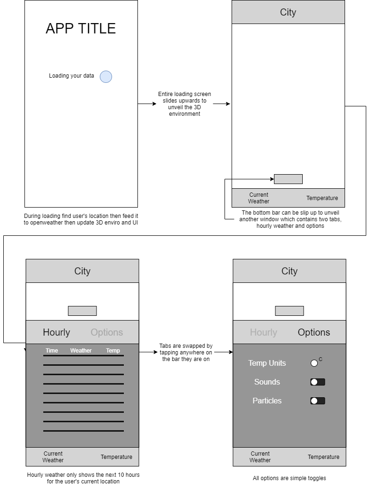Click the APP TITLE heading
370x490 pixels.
pos(80,28)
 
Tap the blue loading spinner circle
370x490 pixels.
pos(106,77)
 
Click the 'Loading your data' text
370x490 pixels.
pos(72,76)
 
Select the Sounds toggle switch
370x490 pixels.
pos(317,382)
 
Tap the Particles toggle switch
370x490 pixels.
pos(317,401)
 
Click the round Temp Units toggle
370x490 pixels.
pos(314,363)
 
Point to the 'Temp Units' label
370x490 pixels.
pos(267,363)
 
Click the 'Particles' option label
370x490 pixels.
pos(267,401)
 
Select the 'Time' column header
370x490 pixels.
pos(52,351)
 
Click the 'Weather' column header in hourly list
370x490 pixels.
pos(81,351)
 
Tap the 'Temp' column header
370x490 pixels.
pos(113,351)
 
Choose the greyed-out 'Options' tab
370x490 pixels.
pos(107,332)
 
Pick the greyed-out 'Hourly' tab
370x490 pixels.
pos(264,332)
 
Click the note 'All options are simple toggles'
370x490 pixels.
pos(289,478)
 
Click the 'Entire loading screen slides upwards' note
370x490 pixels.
pos(185,104)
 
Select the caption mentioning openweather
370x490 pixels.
pos(80,219)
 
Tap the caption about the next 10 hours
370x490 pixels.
pos(83,478)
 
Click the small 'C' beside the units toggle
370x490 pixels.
pos(321,360)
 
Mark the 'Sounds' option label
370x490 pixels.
pos(267,382)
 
